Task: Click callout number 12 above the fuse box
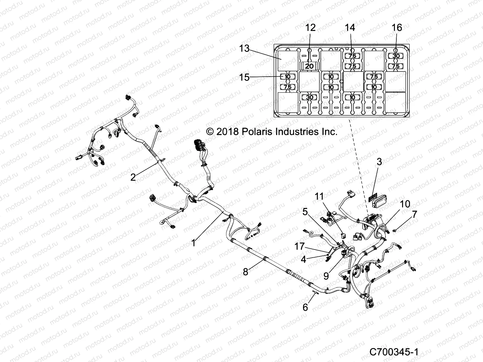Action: pos(310,28)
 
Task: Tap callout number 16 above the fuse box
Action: pos(397,28)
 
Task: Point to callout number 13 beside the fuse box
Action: pos(245,48)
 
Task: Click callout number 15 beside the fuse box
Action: pos(245,77)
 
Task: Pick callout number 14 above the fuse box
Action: pos(350,28)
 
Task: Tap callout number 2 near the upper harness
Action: pos(133,177)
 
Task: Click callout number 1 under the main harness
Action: pos(193,243)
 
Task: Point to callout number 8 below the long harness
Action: pos(245,272)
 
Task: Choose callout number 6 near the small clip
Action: pos(305,307)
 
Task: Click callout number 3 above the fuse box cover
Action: pos(379,162)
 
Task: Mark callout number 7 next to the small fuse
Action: pos(414,214)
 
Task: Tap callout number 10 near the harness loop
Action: pos(405,204)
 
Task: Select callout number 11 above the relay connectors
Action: pos(319,197)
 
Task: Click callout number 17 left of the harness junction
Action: pos(300,246)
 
